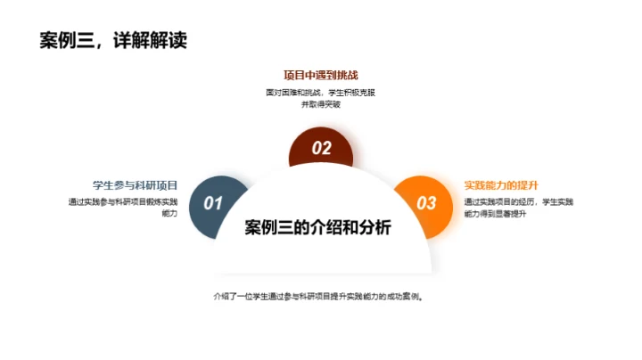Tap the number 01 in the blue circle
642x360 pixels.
click(213, 203)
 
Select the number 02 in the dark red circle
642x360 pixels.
click(321, 149)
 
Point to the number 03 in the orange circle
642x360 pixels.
click(427, 203)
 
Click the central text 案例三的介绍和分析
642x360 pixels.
click(317, 228)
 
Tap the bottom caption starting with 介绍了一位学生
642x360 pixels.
click(317, 297)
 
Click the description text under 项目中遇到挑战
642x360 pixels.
click(320, 97)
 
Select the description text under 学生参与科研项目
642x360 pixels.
click(123, 208)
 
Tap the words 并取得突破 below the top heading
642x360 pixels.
click(321, 103)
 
